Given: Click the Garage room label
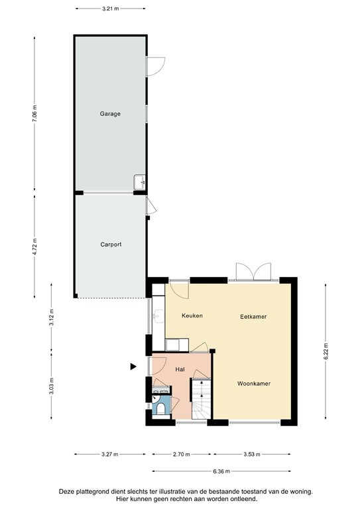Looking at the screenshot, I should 110,114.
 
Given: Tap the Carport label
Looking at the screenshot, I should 111,245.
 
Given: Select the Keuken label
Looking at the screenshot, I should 192,316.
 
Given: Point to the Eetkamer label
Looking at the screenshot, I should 253,317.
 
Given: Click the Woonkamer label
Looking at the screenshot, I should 254,383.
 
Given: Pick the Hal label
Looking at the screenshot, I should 180,368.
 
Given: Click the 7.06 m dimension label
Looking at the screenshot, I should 35,114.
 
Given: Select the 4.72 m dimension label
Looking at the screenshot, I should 35,245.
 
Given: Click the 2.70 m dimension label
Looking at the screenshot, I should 182,455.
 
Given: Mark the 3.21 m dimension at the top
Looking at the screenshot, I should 111,9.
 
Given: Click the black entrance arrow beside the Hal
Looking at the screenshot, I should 133,366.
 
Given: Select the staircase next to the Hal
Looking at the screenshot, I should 201,399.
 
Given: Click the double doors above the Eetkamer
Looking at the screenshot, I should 253,271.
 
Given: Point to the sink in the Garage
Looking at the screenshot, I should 140,182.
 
